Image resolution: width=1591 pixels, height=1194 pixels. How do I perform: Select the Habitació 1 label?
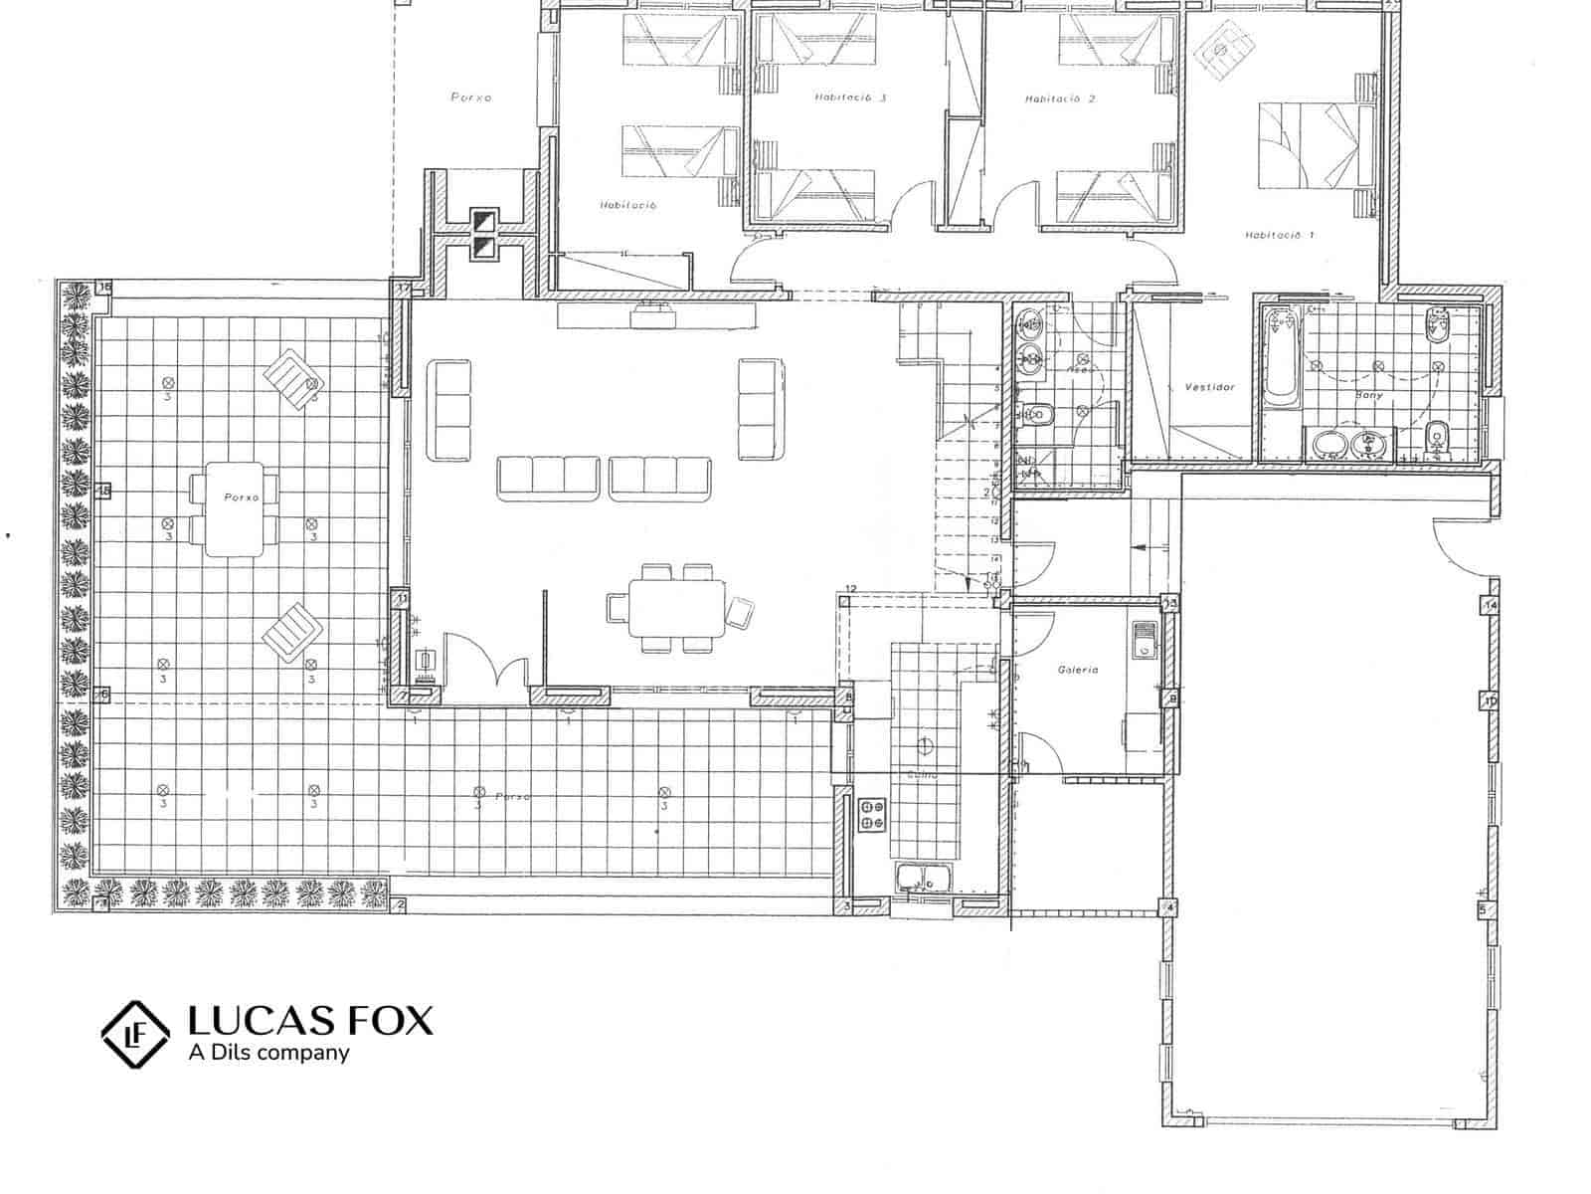pyautogui.click(x=1279, y=236)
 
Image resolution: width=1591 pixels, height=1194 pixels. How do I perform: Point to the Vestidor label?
pyautogui.click(x=1209, y=387)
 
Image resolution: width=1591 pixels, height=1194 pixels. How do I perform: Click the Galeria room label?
pyautogui.click(x=1078, y=671)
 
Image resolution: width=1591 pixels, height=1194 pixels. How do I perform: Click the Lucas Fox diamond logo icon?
pyautogui.click(x=136, y=1035)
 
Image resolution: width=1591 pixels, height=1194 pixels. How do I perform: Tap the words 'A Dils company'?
pyautogui.click(x=268, y=1053)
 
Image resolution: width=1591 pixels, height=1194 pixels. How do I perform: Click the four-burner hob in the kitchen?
pyautogui.click(x=873, y=815)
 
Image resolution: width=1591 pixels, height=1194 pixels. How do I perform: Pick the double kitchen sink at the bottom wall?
pyautogui.click(x=923, y=878)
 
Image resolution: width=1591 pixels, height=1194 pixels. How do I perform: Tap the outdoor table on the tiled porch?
pyautogui.click(x=235, y=508)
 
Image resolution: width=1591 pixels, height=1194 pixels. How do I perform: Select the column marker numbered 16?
pyautogui.click(x=105, y=289)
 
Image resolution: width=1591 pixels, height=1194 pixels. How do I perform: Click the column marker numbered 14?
pyautogui.click(x=1491, y=605)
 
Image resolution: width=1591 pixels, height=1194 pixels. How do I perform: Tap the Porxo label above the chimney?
pyautogui.click(x=471, y=98)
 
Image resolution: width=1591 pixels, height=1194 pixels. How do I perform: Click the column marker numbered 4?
pyautogui.click(x=1170, y=907)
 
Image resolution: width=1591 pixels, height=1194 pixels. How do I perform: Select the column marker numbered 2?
pyautogui.click(x=400, y=904)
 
